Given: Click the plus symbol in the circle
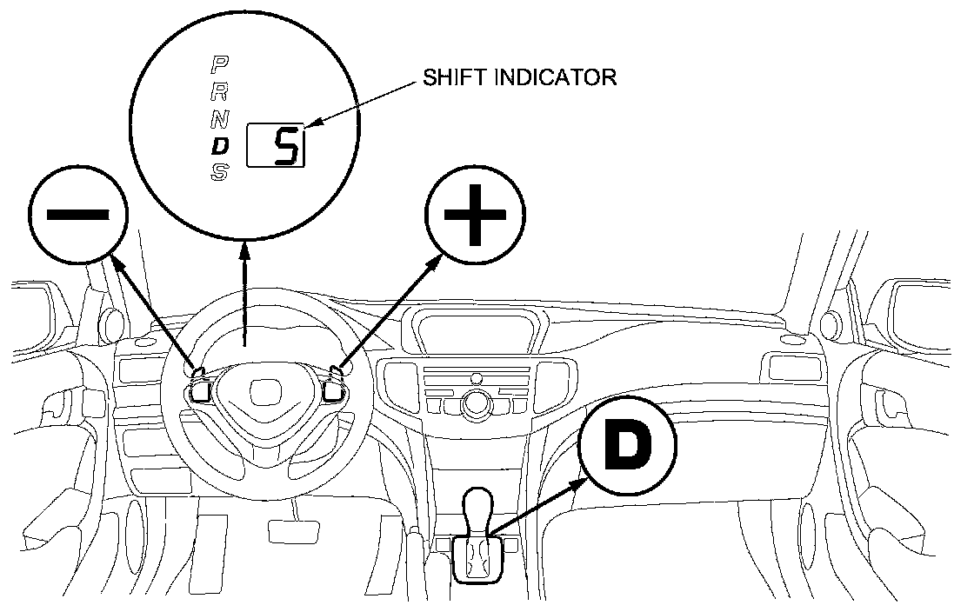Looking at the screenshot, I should click(475, 214).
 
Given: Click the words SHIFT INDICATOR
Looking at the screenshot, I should click(519, 76).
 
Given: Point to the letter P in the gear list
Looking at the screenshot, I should click(221, 64).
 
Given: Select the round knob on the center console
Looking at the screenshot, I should click(477, 402).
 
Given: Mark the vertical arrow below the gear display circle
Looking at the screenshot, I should click(246, 296).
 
